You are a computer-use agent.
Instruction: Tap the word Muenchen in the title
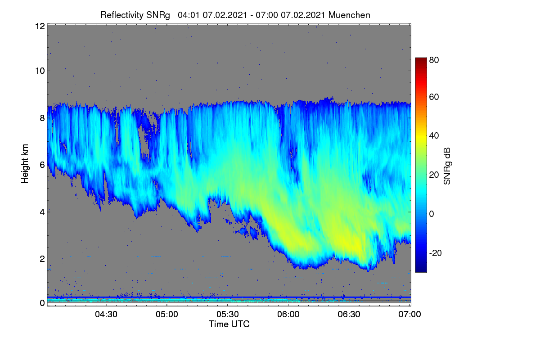click(349, 15)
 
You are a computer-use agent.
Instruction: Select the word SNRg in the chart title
click(158, 15)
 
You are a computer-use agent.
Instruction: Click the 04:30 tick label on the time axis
click(106, 314)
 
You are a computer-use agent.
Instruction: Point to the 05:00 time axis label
click(167, 314)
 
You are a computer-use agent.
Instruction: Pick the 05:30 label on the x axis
click(228, 314)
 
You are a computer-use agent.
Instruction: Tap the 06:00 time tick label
click(288, 314)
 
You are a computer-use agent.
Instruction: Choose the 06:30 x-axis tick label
click(349, 314)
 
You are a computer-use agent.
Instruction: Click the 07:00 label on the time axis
click(409, 314)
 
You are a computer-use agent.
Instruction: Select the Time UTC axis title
click(229, 324)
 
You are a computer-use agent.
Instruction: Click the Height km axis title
click(25, 164)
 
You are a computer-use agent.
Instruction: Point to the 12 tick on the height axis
click(40, 26)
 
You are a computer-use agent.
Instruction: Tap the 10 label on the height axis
click(40, 71)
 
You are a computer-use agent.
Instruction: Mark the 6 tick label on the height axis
click(42, 165)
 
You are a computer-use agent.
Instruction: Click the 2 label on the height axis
click(42, 259)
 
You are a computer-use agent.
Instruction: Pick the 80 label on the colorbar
click(434, 60)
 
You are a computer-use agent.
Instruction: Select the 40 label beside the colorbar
click(434, 136)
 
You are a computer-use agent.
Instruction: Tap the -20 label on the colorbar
click(436, 253)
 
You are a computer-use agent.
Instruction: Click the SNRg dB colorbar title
click(447, 166)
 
